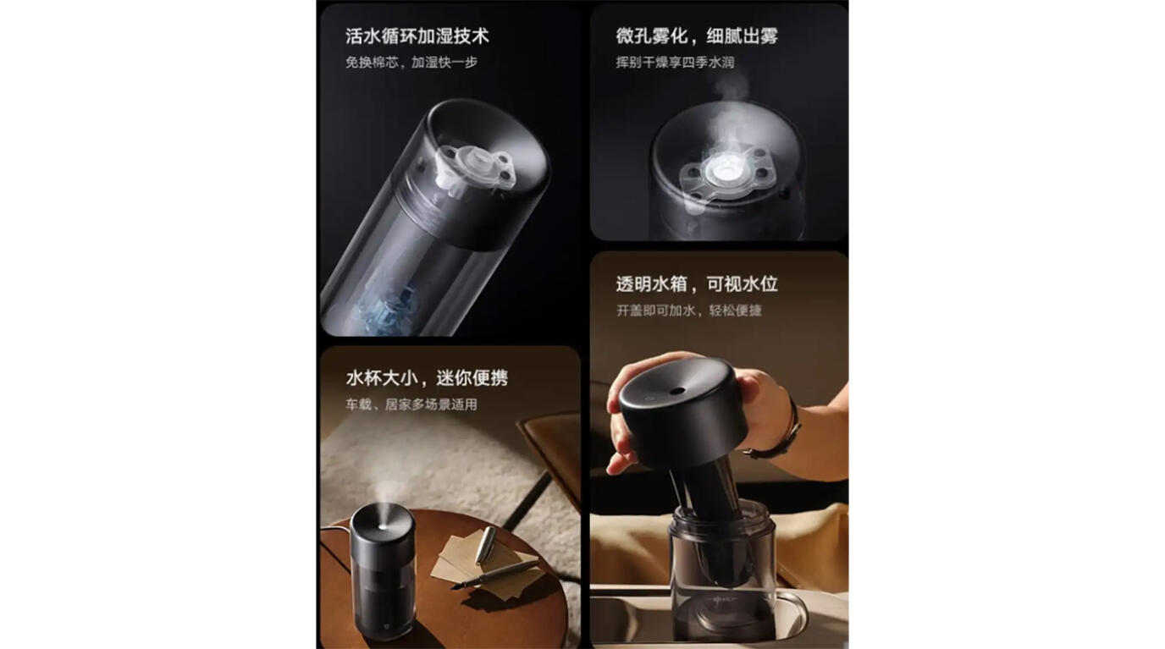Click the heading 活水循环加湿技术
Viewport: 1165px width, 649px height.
pyautogui.click(x=417, y=36)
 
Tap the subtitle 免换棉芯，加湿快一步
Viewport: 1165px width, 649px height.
pyautogui.click(x=411, y=63)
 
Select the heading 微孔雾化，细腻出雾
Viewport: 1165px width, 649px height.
pyautogui.click(x=697, y=36)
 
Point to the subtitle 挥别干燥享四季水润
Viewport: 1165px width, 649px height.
pyautogui.click(x=675, y=63)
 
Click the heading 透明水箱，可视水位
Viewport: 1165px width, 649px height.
pyautogui.click(x=697, y=284)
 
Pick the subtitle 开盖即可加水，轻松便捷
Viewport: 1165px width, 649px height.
pyautogui.click(x=689, y=311)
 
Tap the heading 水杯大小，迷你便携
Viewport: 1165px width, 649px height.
pyautogui.click(x=427, y=377)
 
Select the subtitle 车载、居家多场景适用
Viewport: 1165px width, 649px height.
pyautogui.click(x=411, y=404)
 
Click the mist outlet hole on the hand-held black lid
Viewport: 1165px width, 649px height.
pyautogui.click(x=676, y=391)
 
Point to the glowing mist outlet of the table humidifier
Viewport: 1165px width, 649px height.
pyautogui.click(x=383, y=526)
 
